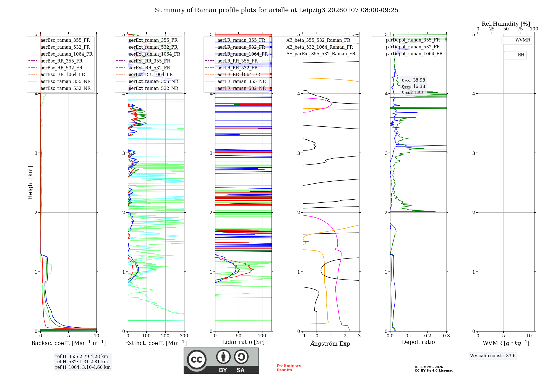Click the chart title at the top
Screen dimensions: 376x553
[276, 10]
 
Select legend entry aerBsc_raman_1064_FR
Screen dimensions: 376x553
[66, 54]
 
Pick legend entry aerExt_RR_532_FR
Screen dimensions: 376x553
[149, 68]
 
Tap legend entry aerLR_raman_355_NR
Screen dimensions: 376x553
[241, 81]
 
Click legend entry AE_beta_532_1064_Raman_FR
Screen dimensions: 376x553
[319, 47]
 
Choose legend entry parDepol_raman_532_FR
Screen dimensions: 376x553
[413, 47]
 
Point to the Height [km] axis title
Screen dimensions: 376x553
[30, 183]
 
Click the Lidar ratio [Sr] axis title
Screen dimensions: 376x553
[243, 342]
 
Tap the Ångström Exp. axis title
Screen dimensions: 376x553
[331, 343]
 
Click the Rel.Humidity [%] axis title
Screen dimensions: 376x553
[506, 24]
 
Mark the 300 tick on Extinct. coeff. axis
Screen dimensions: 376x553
[184, 336]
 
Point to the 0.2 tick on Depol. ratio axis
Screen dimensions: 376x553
[428, 336]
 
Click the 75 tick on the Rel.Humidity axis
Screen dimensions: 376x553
[520, 29]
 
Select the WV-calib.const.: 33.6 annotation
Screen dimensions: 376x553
[493, 356]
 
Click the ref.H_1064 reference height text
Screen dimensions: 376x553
[83, 367]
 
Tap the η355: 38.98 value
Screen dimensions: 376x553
[413, 80]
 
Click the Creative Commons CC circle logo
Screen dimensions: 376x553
[197, 359]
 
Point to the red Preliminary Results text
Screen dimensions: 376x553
[289, 368]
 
